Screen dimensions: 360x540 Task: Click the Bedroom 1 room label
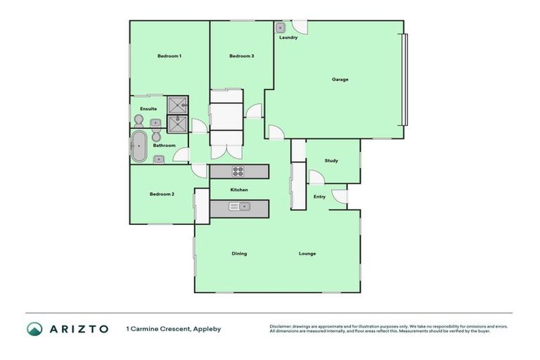point(169,56)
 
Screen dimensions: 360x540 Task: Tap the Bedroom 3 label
point(242,56)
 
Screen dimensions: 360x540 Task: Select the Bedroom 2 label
point(162,194)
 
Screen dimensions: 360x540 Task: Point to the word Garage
point(340,79)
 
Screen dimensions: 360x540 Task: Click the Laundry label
point(288,37)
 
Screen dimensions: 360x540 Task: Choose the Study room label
point(331,160)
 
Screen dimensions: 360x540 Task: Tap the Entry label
point(319,196)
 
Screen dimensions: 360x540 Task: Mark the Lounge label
point(307,253)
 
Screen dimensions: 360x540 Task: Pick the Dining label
point(239,253)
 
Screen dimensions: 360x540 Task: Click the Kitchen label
point(239,190)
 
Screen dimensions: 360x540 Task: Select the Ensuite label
point(148,109)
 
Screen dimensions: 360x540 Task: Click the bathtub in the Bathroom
point(139,146)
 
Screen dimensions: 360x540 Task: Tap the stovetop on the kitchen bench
point(238,171)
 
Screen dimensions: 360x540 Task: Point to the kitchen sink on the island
point(243,206)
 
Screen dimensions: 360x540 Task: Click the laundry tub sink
point(280,28)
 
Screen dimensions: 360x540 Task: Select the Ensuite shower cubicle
point(176,105)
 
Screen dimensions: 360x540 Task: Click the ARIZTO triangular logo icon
point(34,328)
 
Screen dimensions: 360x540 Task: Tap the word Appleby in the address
point(207,328)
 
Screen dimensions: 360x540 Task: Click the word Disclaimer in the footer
point(281,326)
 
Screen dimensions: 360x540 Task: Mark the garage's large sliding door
point(404,79)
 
